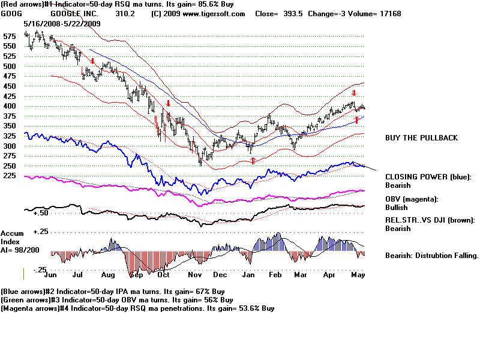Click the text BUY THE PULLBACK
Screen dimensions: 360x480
[421, 138]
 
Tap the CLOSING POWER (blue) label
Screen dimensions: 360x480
[428, 177]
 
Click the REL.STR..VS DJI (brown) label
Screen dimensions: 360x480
[430, 220]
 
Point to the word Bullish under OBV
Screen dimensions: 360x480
[398, 207]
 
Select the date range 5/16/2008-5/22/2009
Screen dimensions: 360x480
[62, 23]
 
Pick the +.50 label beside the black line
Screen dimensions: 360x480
[41, 213]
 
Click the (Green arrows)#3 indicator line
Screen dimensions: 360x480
[116, 299]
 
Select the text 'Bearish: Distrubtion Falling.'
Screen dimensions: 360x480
[431, 256]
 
